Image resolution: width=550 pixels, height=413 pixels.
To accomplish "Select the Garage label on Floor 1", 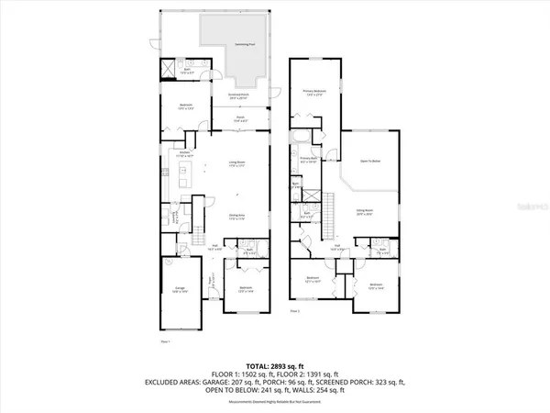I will coord(181,290).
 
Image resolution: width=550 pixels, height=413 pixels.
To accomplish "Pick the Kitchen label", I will coord(184,153).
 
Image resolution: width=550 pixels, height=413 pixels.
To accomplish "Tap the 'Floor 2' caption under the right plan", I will coord(295,312).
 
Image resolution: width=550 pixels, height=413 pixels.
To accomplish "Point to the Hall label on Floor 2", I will coord(336,246).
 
